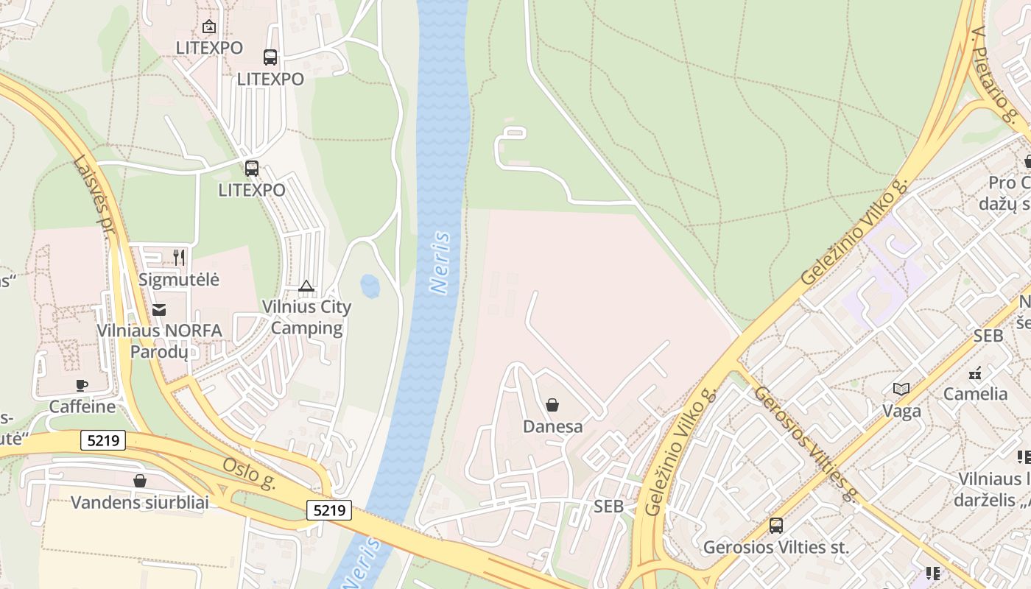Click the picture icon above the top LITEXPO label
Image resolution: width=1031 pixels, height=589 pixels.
209,27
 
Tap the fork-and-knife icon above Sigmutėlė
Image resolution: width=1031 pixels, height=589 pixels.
179,257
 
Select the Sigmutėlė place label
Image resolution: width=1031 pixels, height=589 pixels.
179,280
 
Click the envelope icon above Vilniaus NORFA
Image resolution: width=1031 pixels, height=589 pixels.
159,309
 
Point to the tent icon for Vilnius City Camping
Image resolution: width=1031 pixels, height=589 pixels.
306,286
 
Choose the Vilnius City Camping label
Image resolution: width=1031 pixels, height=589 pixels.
307,317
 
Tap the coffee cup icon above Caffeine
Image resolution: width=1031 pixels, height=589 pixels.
82,385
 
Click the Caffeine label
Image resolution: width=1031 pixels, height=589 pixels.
82,406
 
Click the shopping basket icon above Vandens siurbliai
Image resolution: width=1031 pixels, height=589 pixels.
140,481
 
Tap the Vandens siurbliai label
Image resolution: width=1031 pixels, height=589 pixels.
140,503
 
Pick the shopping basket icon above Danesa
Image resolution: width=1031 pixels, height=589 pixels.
552,404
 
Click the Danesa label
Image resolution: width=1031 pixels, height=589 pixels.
552,426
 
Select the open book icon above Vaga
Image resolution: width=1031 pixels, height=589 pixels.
901,389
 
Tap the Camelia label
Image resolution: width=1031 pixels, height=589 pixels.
976,394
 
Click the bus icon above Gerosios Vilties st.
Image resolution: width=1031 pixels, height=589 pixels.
776,526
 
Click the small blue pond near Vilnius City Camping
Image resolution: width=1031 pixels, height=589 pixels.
370,286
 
